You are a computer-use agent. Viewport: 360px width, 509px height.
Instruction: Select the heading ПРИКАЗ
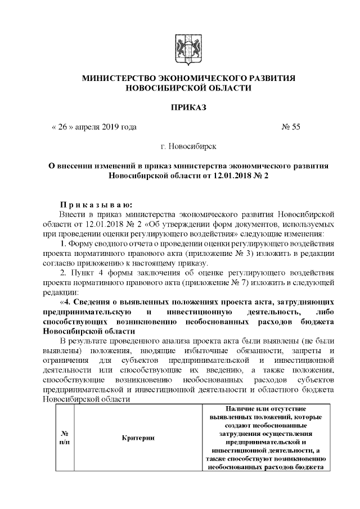[179, 107]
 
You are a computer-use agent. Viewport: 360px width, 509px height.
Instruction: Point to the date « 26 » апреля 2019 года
[94, 127]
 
